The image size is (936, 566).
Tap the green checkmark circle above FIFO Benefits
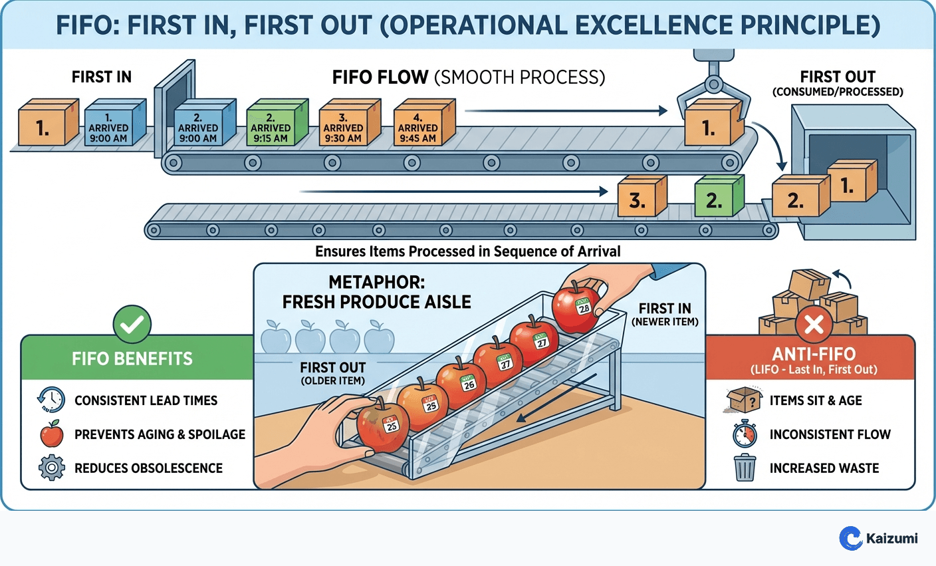point(132,325)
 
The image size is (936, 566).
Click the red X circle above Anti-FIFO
point(814,325)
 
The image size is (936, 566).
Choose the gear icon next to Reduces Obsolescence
point(51,468)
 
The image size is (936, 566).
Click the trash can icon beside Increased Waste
point(745,468)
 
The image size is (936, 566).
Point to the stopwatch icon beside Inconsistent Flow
point(745,434)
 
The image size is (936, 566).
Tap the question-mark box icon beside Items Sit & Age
point(745,400)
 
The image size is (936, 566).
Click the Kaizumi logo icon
point(850,538)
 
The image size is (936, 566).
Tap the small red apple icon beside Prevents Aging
point(51,434)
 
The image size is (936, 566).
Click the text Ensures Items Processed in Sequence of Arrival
point(467,252)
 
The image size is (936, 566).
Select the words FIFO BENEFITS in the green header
point(132,359)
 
